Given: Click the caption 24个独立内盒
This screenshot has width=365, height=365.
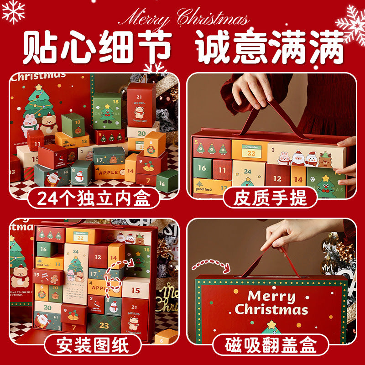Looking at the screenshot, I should tap(93, 198).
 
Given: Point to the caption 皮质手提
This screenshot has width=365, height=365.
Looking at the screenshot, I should tap(270, 198).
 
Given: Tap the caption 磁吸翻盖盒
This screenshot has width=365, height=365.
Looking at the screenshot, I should tap(270, 345).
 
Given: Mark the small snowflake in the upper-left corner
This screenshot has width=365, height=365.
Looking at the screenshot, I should tap(13, 11).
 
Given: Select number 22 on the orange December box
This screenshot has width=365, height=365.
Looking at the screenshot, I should tap(251, 153).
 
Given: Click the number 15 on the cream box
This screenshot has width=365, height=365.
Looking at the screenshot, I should tap(136, 290).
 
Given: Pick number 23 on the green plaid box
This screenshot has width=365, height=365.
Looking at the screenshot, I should tap(104, 325).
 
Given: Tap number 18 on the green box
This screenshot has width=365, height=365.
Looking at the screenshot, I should tap(116, 102).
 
